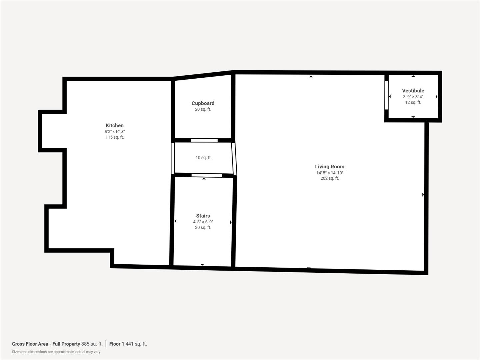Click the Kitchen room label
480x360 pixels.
coord(114,125)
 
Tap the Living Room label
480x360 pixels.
coord(329,166)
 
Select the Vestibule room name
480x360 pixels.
coord(413,91)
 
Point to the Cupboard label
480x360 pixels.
coord(203,103)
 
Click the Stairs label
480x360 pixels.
coord(203,216)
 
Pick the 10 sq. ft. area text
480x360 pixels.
coord(203,158)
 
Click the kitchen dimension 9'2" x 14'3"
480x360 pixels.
coord(115,132)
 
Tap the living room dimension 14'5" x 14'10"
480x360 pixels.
coord(330,173)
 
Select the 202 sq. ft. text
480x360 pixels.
coord(330,178)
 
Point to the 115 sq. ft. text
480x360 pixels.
coord(115,137)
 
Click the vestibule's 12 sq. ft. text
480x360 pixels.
coord(413,102)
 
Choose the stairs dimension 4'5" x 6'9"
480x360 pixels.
coord(203,222)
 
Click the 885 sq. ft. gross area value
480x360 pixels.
coord(92,344)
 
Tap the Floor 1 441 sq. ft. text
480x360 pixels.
coord(128,344)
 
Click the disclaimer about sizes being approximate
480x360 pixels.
coord(56,352)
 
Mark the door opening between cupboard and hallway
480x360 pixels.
coord(204,140)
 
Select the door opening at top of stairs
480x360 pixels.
coord(207,175)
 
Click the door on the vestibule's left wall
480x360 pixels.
coord(387,95)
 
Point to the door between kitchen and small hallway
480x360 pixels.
coord(173,158)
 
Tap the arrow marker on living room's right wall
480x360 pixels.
coord(423,195)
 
